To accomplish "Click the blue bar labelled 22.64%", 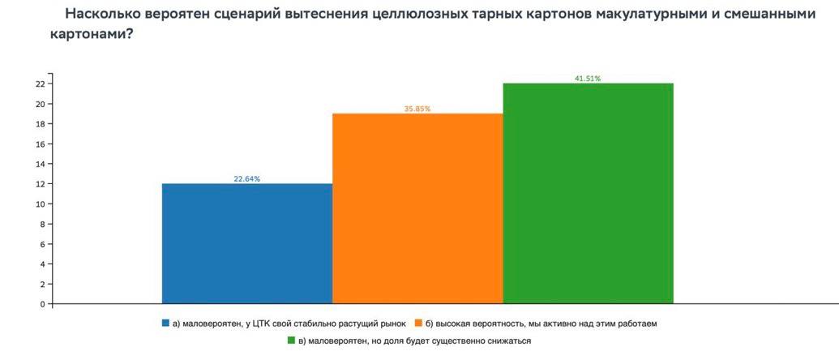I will (x=247, y=243).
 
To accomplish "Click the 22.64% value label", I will (x=247, y=179).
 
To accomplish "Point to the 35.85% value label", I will (x=417, y=109).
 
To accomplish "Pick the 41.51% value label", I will (x=588, y=79).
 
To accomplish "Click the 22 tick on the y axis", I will (x=39, y=84).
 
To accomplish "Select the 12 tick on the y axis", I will (x=39, y=184).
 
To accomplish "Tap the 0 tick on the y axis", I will (x=42, y=305).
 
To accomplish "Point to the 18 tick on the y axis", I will (x=39, y=124).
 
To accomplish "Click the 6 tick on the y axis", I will (x=42, y=244).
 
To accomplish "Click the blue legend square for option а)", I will (x=166, y=323).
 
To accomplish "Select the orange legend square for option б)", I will (x=417, y=323).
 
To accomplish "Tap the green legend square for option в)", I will (x=291, y=341).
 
